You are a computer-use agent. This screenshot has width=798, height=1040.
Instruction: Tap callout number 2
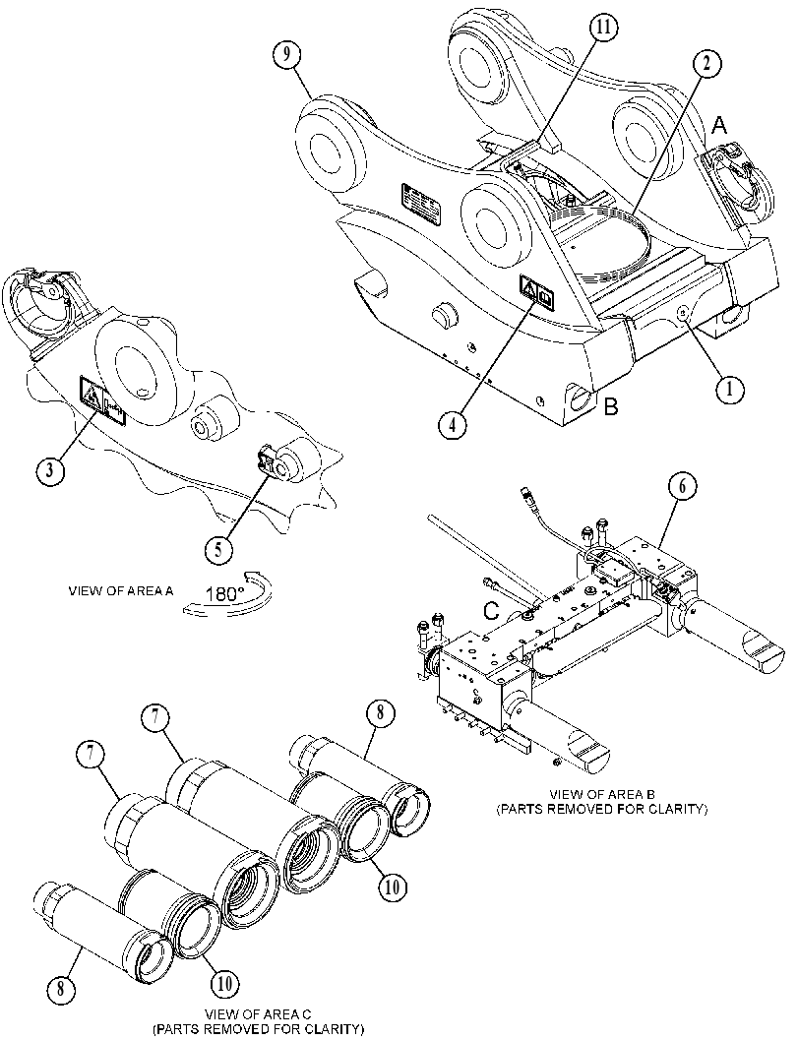click(x=707, y=64)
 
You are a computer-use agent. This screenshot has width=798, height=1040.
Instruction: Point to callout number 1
click(x=730, y=390)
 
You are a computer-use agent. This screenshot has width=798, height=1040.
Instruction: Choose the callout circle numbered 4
click(x=452, y=424)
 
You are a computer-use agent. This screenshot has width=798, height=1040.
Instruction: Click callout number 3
click(x=49, y=470)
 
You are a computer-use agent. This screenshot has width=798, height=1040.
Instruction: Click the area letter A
click(x=719, y=124)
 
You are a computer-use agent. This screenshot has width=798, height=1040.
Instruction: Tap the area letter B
click(x=610, y=406)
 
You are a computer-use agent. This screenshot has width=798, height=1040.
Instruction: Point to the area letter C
click(x=490, y=610)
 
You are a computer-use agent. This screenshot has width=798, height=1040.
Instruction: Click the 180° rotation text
click(x=224, y=593)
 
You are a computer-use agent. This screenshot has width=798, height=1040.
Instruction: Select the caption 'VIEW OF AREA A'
click(x=121, y=591)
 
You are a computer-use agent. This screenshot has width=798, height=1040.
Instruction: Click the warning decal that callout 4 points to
click(x=536, y=292)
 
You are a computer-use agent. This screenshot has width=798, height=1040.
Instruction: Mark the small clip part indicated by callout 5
click(x=267, y=460)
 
